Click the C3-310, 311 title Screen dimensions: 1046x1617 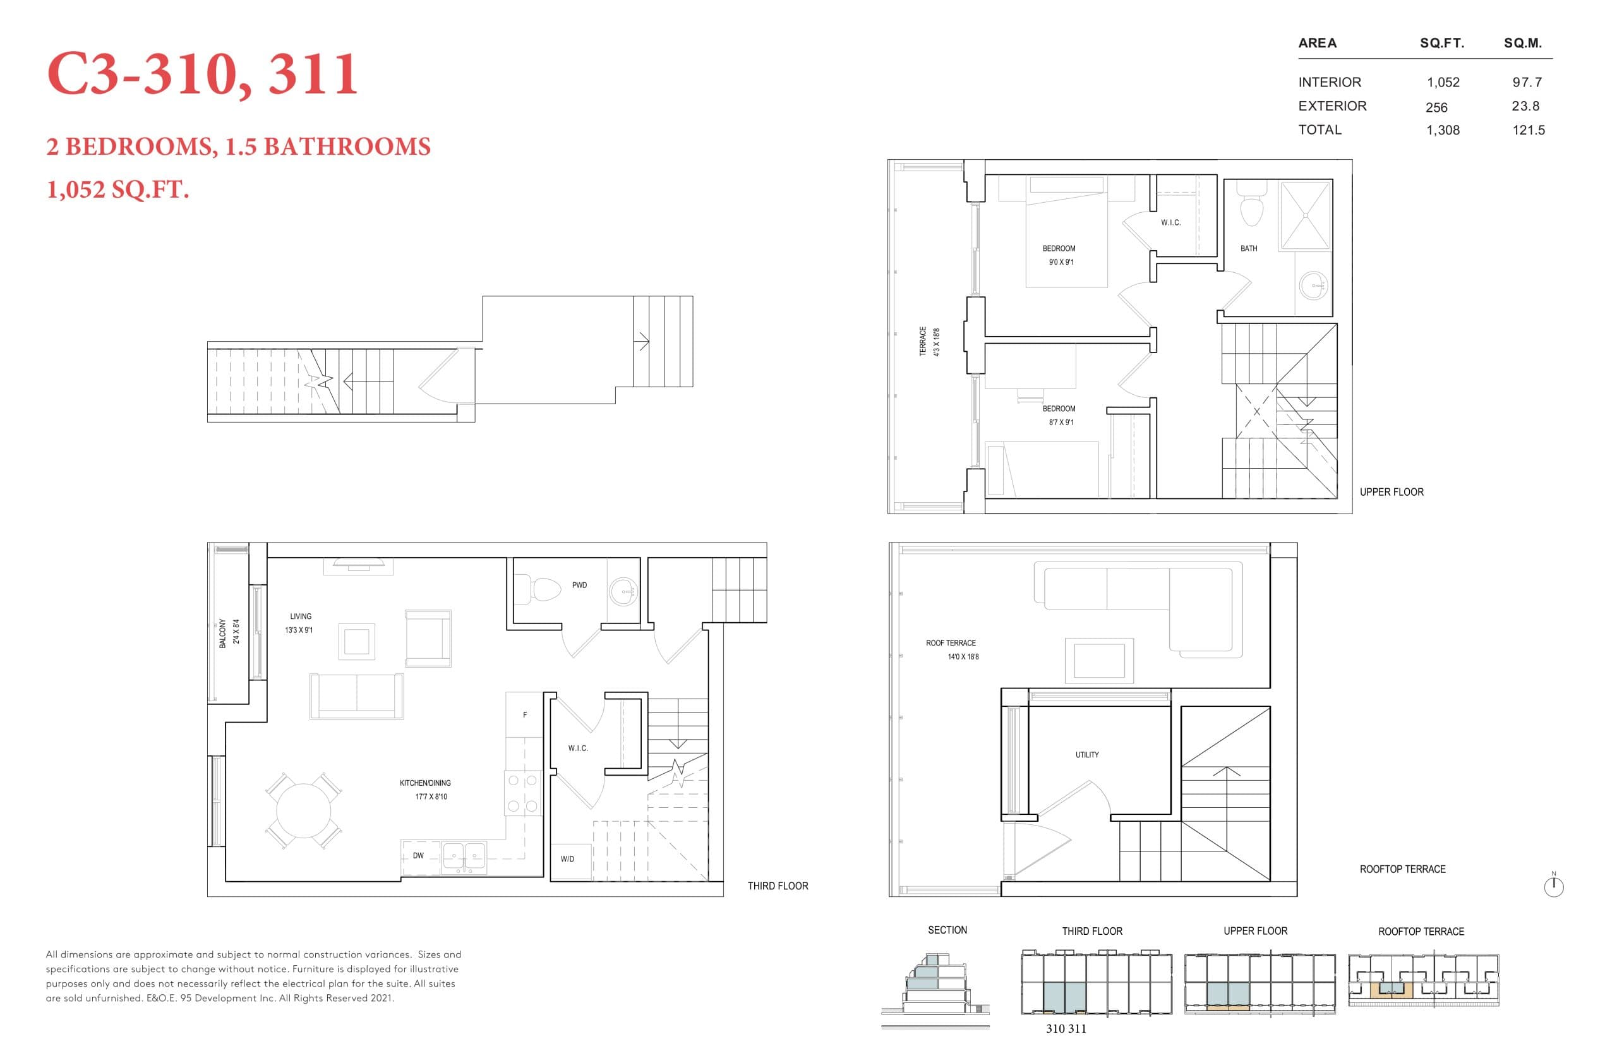click(201, 75)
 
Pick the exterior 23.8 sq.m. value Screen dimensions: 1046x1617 click(1525, 106)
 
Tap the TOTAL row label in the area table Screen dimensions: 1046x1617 click(1319, 129)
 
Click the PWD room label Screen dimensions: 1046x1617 click(579, 585)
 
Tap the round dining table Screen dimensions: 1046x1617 click(303, 810)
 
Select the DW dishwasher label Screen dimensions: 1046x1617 click(418, 855)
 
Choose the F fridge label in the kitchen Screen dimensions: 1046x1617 click(524, 714)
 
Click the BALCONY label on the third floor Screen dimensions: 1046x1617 click(223, 633)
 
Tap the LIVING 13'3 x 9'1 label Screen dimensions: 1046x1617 click(299, 623)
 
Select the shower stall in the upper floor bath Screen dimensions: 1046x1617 click(1304, 215)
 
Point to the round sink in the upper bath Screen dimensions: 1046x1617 click(1312, 286)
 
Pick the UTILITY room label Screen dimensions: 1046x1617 click(1086, 755)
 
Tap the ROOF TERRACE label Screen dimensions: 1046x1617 click(951, 643)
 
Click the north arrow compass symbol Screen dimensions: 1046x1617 click(1553, 886)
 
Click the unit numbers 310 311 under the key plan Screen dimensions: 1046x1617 click(1065, 1028)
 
